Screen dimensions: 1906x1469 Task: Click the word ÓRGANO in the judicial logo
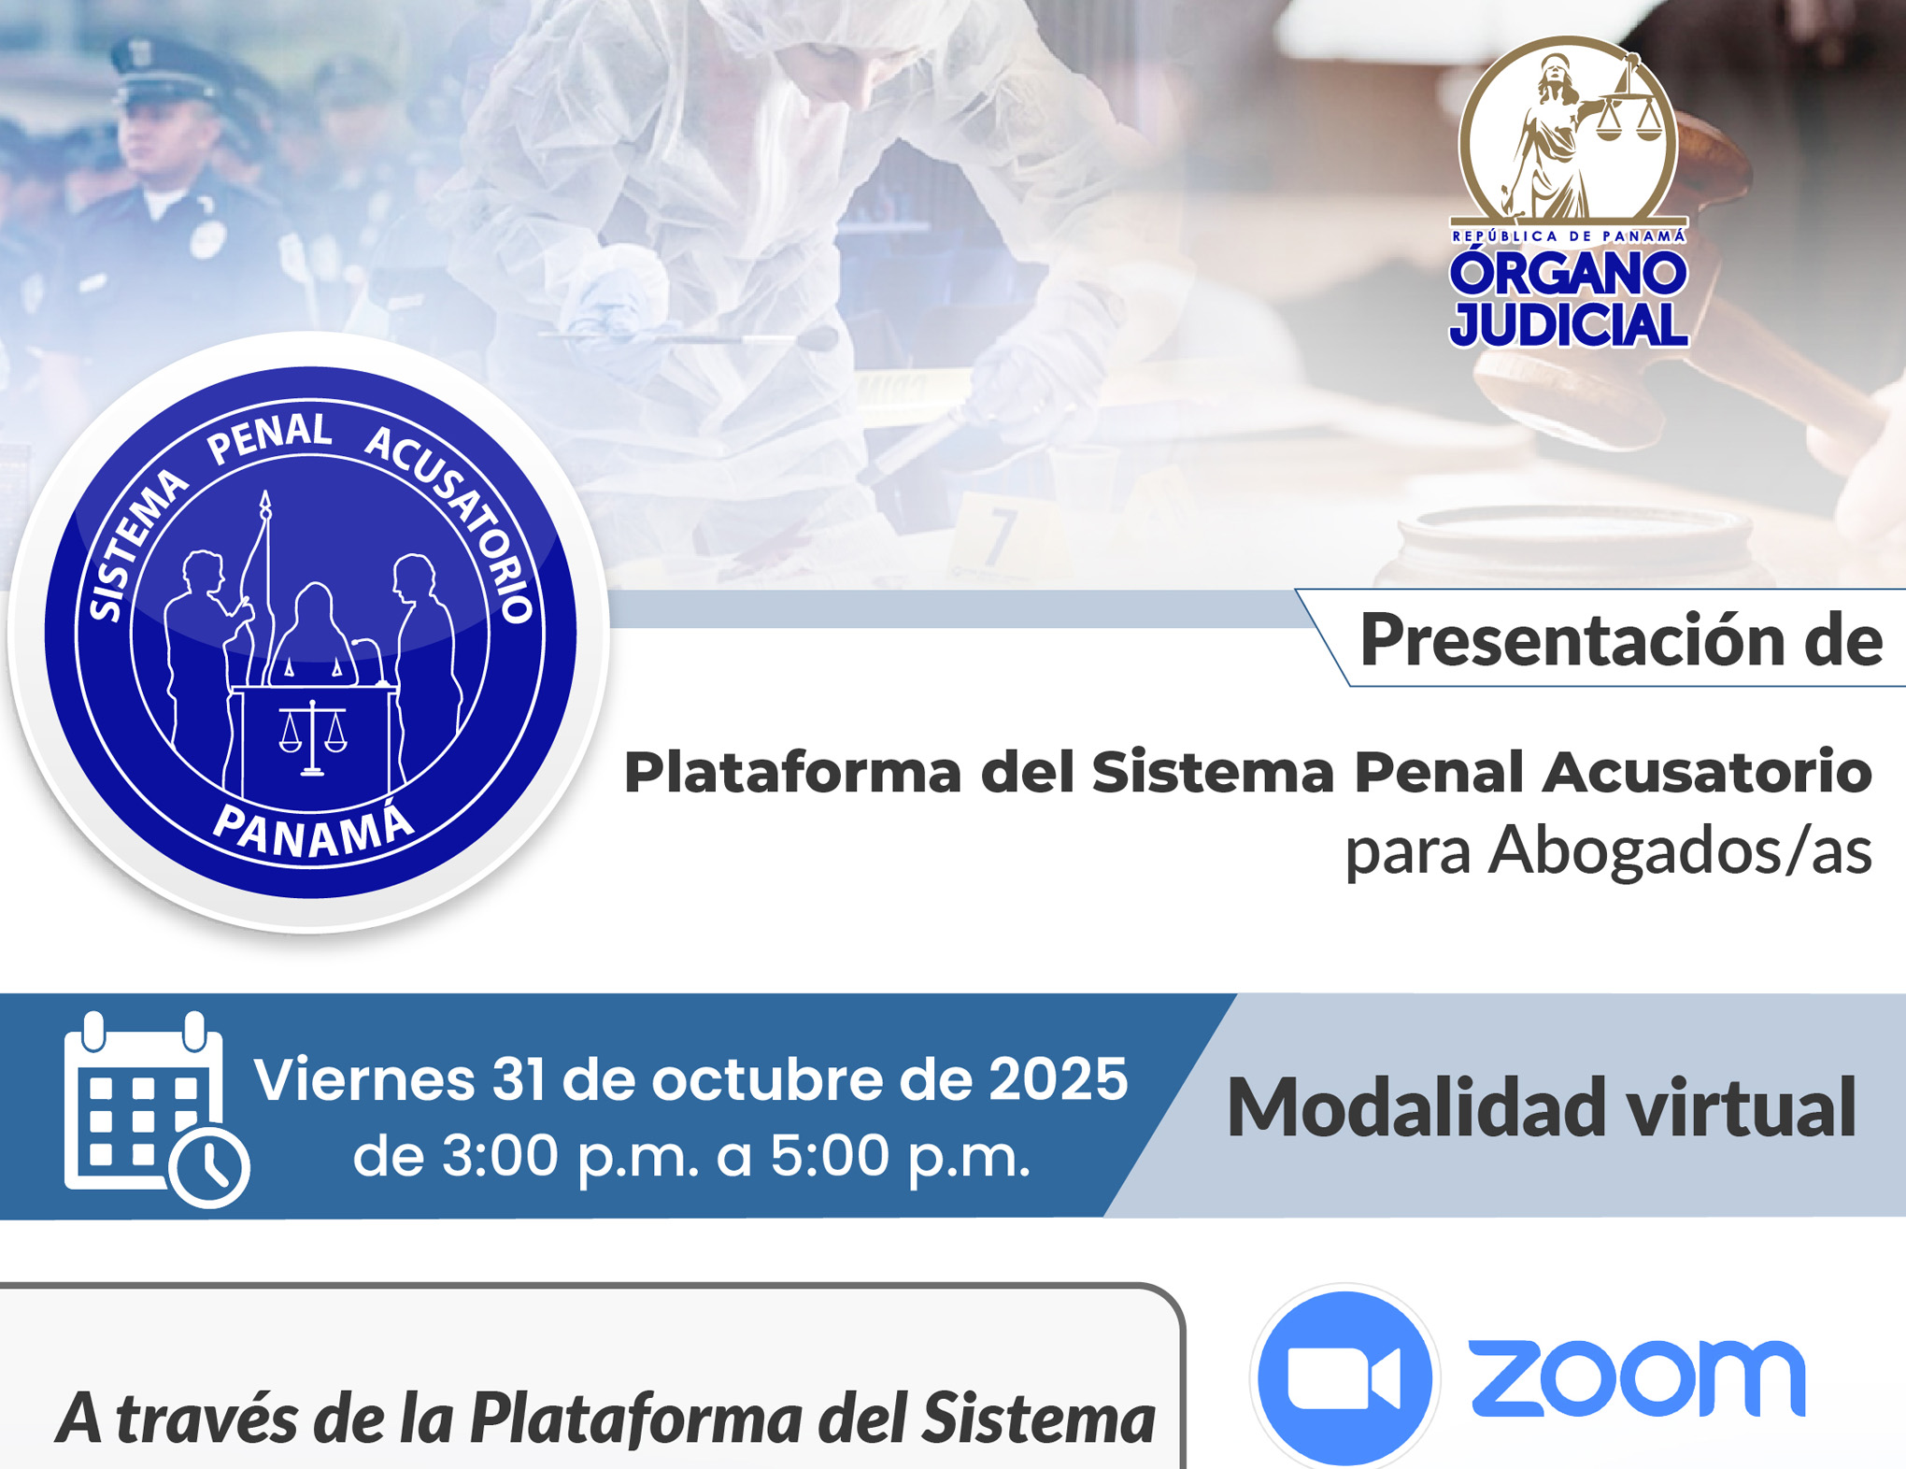1569,272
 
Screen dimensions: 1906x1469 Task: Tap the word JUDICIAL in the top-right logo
1569,323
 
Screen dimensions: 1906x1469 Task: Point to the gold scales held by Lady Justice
1630,112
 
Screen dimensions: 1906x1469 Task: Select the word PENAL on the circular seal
270,437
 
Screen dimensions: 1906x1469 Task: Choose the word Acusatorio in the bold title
1706,772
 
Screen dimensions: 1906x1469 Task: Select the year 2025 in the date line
1058,1079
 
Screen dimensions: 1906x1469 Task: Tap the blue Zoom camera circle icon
1344,1377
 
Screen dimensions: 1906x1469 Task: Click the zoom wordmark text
1637,1377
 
